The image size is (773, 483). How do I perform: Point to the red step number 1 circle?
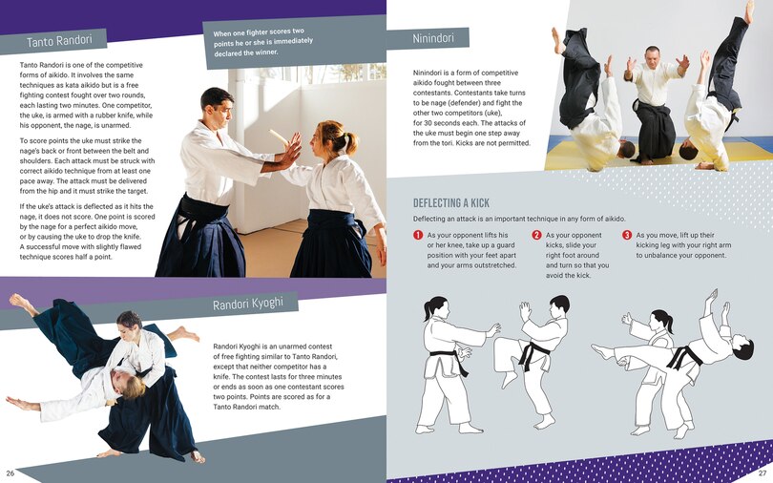coord(418,235)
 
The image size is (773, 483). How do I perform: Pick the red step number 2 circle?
coord(536,235)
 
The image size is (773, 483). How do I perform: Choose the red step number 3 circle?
coord(627,235)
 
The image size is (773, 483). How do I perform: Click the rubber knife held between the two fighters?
coord(280,137)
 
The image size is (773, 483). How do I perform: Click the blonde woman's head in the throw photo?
coord(132,385)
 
